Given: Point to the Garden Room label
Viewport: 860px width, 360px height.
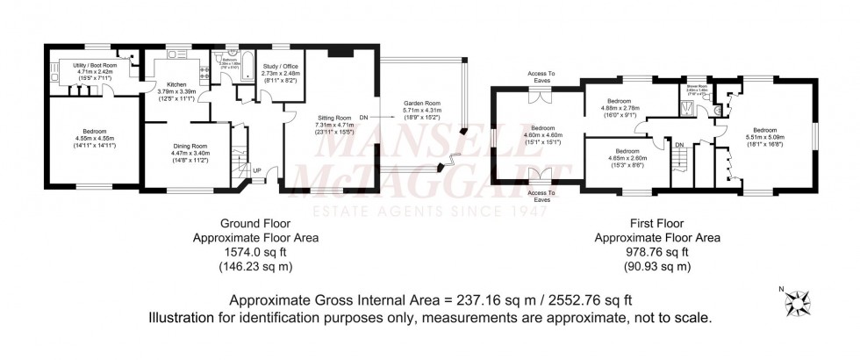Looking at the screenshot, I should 421,109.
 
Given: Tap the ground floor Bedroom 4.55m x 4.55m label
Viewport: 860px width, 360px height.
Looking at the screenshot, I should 93,140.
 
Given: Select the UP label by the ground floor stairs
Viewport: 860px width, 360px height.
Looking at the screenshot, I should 256,170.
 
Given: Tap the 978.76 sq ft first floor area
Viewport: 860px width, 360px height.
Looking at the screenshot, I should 657,249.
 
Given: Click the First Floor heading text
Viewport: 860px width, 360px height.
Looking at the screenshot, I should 657,224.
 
